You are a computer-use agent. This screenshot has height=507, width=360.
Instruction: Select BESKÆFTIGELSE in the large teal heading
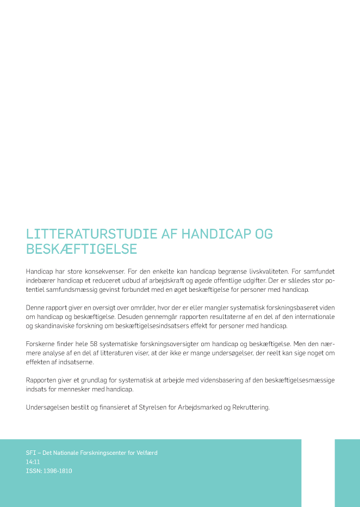(82, 249)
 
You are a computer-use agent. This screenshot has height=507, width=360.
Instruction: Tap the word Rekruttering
(250, 406)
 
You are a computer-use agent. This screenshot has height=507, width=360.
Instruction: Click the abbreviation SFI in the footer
(30, 453)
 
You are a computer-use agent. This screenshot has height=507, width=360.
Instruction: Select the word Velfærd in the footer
(146, 453)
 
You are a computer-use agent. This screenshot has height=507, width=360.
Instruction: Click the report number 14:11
(33, 462)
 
